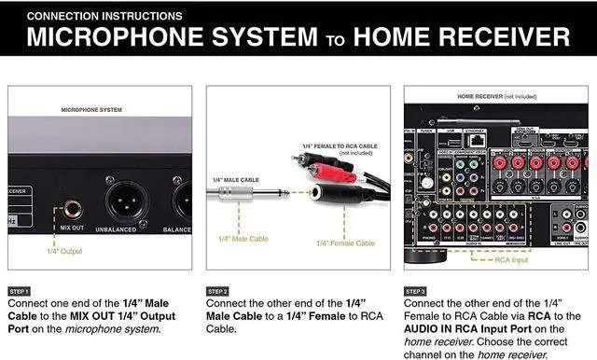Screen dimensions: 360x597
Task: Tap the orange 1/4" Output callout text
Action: point(64,251)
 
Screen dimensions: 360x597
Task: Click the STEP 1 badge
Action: point(21,291)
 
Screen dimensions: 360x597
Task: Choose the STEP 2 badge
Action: point(218,291)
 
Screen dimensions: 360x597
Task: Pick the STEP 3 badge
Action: point(416,291)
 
